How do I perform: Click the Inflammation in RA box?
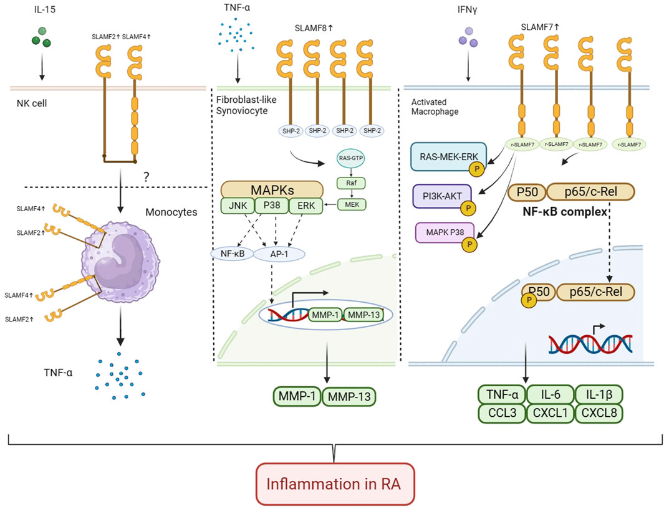coord(331,483)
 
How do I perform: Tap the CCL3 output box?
coord(501,412)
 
